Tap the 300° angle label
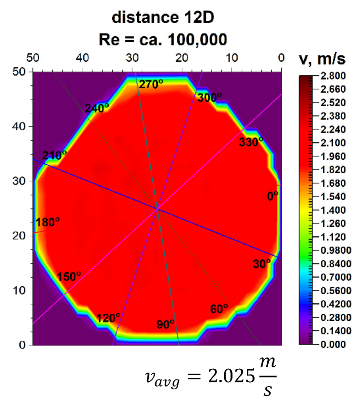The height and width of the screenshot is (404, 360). [209, 98]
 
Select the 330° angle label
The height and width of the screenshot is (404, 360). [251, 141]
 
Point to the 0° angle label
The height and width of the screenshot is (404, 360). [273, 196]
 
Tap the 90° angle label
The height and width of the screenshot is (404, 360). [165, 324]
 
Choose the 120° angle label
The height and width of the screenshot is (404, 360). [108, 318]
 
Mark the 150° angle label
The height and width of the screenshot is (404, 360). [69, 277]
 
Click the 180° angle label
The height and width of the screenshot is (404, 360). [48, 223]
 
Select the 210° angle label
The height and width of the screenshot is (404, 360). [54, 155]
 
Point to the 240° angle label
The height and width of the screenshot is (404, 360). [97, 109]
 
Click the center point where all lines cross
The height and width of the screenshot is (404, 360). [157, 209]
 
